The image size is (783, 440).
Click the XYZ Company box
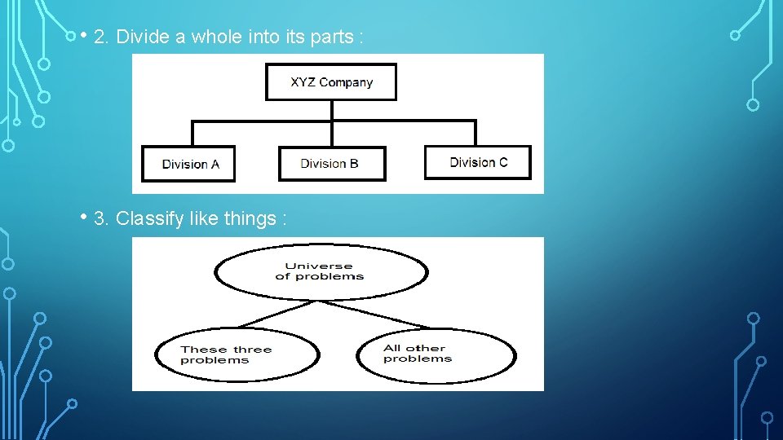click(331, 82)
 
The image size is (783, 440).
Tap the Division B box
click(331, 164)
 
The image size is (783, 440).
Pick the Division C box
click(478, 162)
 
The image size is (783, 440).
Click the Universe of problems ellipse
click(320, 271)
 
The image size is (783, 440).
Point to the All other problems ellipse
click(436, 354)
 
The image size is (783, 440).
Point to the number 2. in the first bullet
click(102, 37)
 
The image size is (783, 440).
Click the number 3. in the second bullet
click(102, 219)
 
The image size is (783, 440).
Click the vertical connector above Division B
click(332, 134)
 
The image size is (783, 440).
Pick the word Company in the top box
click(346, 82)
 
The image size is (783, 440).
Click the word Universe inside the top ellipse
click(319, 266)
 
